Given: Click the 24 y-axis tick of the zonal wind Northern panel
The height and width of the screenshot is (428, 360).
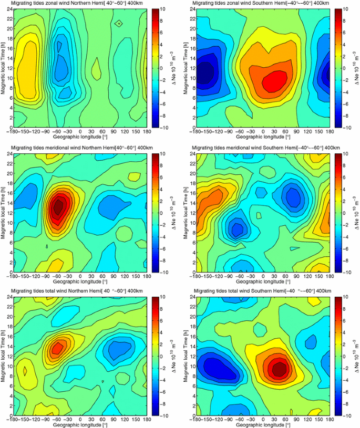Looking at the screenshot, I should [x=9, y=9].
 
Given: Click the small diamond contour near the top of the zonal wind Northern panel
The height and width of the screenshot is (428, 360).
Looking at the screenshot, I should [x=120, y=23].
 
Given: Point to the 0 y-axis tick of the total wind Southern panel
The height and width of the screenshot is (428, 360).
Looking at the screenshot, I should [x=191, y=415].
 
